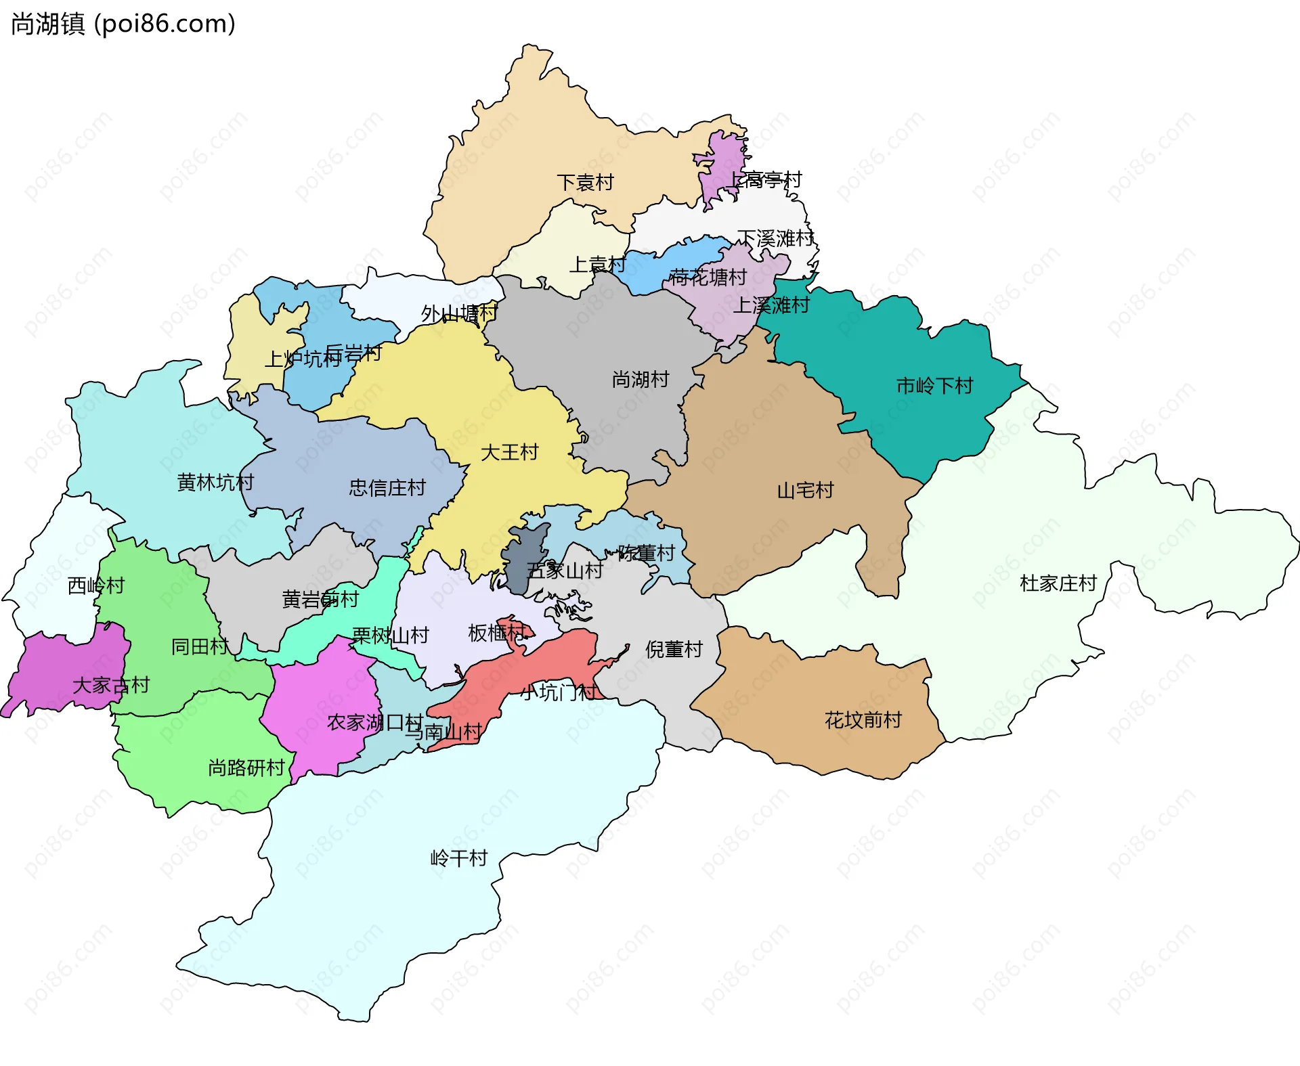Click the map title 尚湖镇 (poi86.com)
[x=123, y=24]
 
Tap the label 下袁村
[x=585, y=183]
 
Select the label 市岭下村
[x=934, y=386]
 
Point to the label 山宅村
[x=805, y=490]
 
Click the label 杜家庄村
[x=1058, y=583]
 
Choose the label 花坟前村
[x=863, y=719]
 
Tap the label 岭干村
[x=459, y=858]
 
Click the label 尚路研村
[x=246, y=768]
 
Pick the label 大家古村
[x=110, y=685]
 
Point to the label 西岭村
[x=96, y=585]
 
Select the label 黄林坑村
[x=215, y=482]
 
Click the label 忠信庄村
[x=387, y=487]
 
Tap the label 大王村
[x=509, y=452]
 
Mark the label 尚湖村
[x=640, y=379]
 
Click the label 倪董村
[x=674, y=649]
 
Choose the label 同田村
[x=200, y=646]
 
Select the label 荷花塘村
[x=708, y=277]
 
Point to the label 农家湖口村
[x=375, y=722]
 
